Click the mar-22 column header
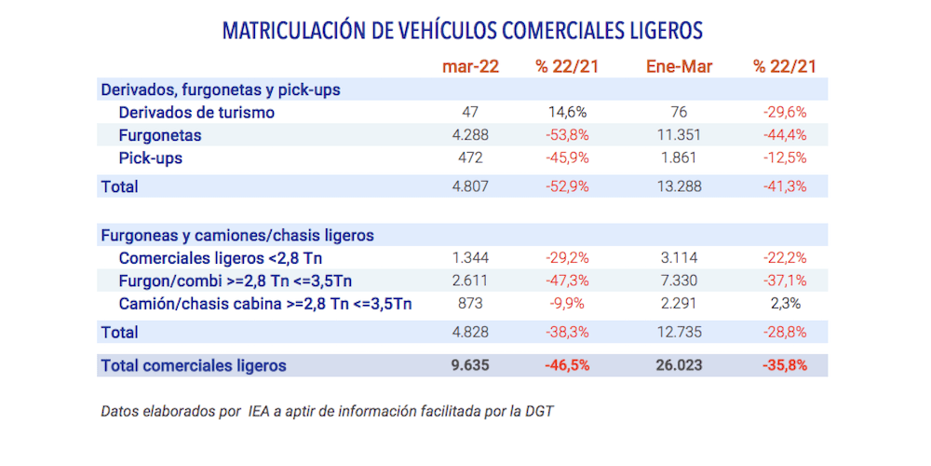click(470, 66)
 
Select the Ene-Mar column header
click(679, 66)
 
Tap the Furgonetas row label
click(160, 135)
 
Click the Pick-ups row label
click(150, 158)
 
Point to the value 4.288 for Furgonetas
click(469, 135)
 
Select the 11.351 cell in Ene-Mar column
click(678, 135)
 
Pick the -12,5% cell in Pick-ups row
click(784, 158)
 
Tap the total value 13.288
click(678, 186)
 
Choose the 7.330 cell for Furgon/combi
click(678, 281)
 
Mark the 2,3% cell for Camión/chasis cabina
click(784, 304)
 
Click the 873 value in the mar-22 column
click(470, 304)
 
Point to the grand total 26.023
click(678, 365)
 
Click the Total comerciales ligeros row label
click(193, 365)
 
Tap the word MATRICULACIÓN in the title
click(293, 31)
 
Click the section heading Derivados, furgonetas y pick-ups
click(220, 90)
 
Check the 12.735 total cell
click(678, 332)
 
